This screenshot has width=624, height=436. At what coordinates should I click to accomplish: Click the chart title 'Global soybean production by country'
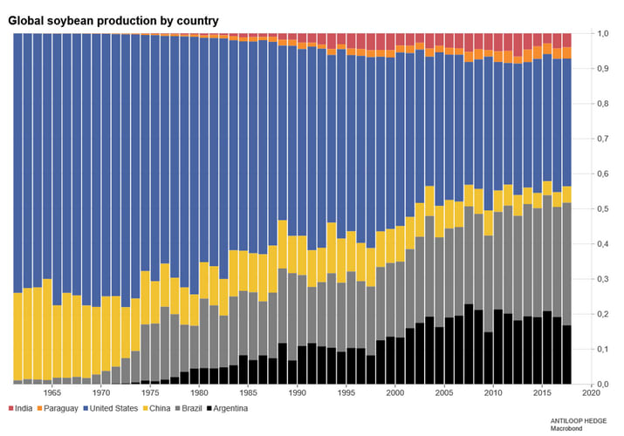[x=113, y=19]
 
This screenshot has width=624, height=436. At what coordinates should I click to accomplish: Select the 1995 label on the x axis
[x=346, y=394]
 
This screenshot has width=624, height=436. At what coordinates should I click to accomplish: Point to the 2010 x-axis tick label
[x=494, y=394]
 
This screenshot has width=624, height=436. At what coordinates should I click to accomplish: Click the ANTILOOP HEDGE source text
[x=581, y=419]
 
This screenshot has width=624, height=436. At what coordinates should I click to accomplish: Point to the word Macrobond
[x=568, y=428]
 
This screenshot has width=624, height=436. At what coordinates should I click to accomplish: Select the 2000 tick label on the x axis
[x=395, y=394]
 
